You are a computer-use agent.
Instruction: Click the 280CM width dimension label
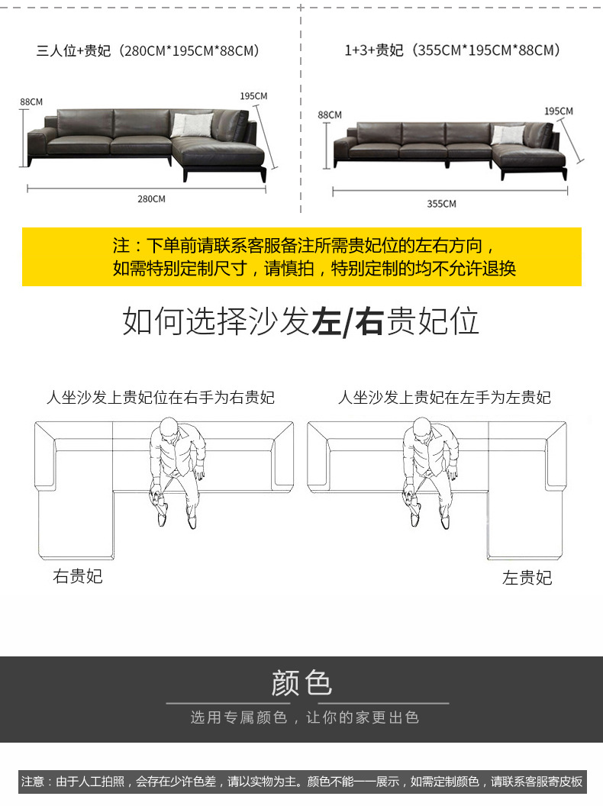pos(151,199)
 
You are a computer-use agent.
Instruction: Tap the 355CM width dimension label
pos(441,204)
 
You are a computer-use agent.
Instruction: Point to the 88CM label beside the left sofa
pos(31,102)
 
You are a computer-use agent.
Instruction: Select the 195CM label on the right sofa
pos(558,111)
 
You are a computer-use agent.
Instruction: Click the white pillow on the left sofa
pos(192,124)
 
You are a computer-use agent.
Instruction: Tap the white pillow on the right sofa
pos(508,134)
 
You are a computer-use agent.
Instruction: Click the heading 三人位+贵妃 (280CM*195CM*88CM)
pos(149,51)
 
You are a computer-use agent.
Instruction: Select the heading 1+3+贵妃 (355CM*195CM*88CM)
pos(453,50)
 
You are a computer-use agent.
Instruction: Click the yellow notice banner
pos(301,256)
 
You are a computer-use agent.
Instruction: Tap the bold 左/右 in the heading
pos(347,322)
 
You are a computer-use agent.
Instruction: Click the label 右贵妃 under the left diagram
pos(77,576)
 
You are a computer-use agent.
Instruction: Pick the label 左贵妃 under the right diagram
pos(527,578)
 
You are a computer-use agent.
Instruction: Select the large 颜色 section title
pos(301,682)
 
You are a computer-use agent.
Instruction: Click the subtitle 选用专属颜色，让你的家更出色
pos(305,717)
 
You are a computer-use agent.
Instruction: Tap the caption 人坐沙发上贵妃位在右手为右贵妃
pos(160,398)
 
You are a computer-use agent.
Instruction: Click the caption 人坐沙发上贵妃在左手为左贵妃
pos(444,398)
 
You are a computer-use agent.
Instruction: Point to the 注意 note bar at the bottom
pos(301,782)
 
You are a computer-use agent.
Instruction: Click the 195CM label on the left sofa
pos(253,96)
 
